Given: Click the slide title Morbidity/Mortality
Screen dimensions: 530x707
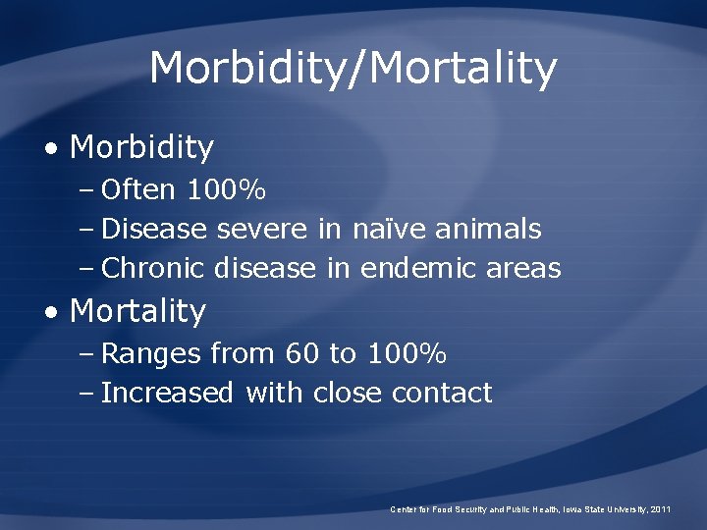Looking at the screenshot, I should tap(353, 69).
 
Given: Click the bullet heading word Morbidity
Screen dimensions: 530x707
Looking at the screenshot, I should tap(142, 147).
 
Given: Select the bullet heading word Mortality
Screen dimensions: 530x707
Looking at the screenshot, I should tap(138, 311).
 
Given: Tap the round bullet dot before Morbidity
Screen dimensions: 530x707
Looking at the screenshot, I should tap(52, 149).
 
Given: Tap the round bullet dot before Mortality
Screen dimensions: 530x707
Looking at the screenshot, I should tap(52, 313).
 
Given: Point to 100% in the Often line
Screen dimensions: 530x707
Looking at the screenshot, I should tap(226, 187).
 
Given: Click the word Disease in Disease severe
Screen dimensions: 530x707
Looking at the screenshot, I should tap(154, 229).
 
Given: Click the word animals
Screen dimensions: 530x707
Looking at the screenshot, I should tap(488, 229).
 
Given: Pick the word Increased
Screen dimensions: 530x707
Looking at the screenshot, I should tap(167, 393).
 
